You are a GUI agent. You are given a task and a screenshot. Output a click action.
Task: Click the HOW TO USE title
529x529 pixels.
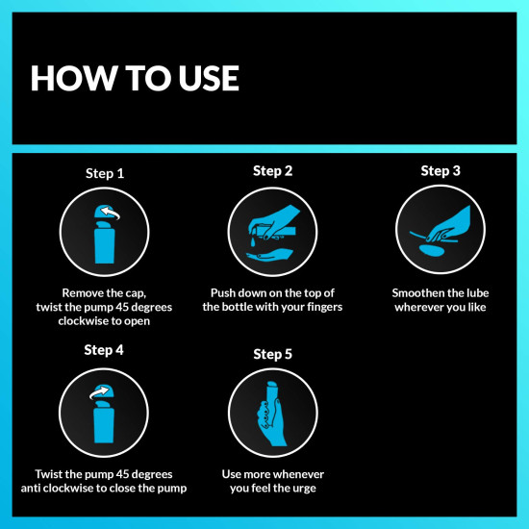[x=135, y=78]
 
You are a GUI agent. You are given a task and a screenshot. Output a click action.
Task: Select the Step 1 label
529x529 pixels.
[x=106, y=174]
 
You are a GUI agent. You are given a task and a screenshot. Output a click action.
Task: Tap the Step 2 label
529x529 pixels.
[x=273, y=170]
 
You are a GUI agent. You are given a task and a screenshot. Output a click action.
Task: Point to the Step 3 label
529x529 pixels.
[x=441, y=170]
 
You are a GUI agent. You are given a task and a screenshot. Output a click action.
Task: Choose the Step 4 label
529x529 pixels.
[x=106, y=350]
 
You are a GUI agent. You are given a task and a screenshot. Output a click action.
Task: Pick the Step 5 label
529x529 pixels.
[x=273, y=354]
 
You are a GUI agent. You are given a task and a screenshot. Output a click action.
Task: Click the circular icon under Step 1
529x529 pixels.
[x=105, y=232]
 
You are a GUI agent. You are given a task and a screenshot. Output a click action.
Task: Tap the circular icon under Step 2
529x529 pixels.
[x=272, y=232]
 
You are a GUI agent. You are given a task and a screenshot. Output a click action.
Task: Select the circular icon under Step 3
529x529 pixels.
[x=440, y=232]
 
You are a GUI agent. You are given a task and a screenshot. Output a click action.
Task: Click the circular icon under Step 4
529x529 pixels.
[x=105, y=412]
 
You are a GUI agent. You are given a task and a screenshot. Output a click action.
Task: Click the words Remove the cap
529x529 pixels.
[x=105, y=292]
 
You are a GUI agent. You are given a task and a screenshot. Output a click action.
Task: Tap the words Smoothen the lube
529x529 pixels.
[x=440, y=292]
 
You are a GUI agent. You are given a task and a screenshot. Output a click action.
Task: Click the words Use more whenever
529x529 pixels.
[x=272, y=474]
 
